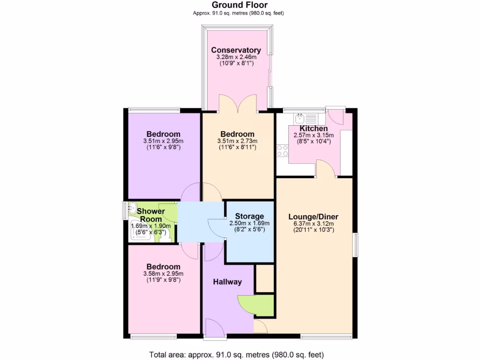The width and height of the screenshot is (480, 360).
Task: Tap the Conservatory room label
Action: [236, 50]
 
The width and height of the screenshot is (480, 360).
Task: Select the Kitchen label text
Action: [313, 128]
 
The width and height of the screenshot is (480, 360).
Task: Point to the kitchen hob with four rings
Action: [283, 150]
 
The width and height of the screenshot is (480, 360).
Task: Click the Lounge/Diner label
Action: [313, 217]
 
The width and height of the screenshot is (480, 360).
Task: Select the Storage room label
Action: [247, 217]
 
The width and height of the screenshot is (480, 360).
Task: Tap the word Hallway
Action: [227, 282]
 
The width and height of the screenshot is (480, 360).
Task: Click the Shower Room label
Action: [150, 215]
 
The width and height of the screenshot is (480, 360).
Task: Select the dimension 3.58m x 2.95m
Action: [163, 274]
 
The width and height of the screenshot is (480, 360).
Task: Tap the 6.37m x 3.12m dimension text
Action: [313, 224]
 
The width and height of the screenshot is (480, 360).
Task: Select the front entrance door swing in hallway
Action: [214, 326]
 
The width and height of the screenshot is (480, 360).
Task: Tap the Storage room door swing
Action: [217, 228]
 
